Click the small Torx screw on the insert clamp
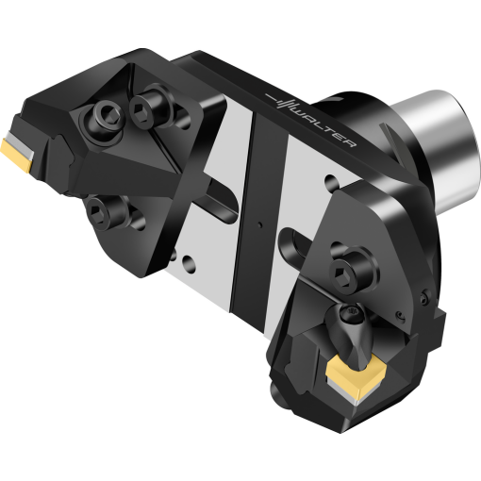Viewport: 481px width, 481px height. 351,315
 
